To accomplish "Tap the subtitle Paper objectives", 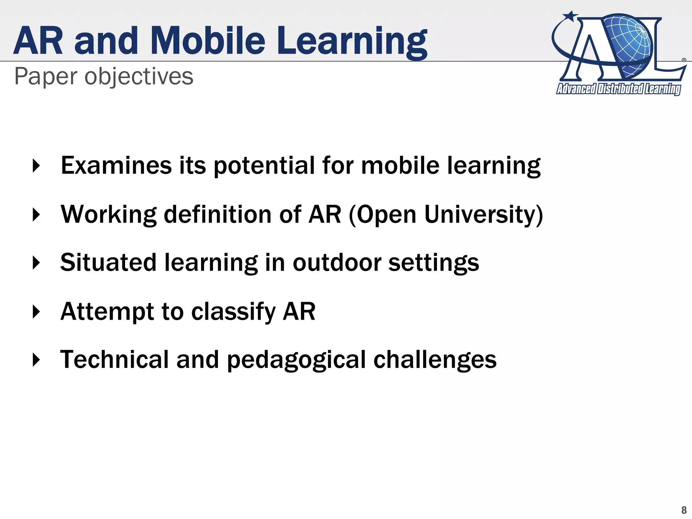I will tap(104, 77).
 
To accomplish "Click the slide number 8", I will tap(684, 510).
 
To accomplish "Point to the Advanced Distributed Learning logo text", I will tap(618, 89).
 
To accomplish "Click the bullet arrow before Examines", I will tap(36, 166).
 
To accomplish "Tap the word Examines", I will tap(116, 166).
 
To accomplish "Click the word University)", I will tap(483, 215).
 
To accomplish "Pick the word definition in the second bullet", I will tap(218, 215).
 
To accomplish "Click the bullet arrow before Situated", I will tap(36, 263).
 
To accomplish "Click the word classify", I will tap(233, 312).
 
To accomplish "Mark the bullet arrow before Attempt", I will tap(36, 312).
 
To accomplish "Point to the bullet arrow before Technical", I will tap(36, 360).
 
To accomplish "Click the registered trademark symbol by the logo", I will tap(684, 60).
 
